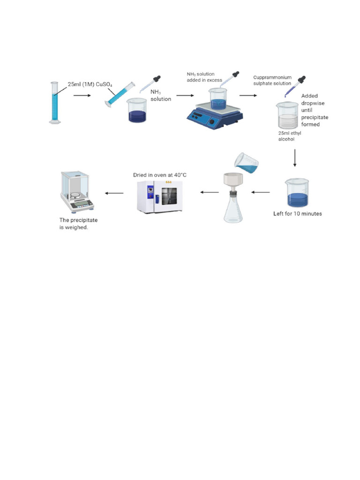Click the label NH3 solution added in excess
[x=205, y=77]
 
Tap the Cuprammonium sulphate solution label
[x=272, y=80]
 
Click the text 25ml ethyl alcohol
[x=290, y=136]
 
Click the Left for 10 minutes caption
[x=297, y=214]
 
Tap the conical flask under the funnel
[x=233, y=209]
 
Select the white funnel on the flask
[x=232, y=181]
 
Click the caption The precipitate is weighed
[x=78, y=223]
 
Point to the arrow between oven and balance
[x=114, y=193]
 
